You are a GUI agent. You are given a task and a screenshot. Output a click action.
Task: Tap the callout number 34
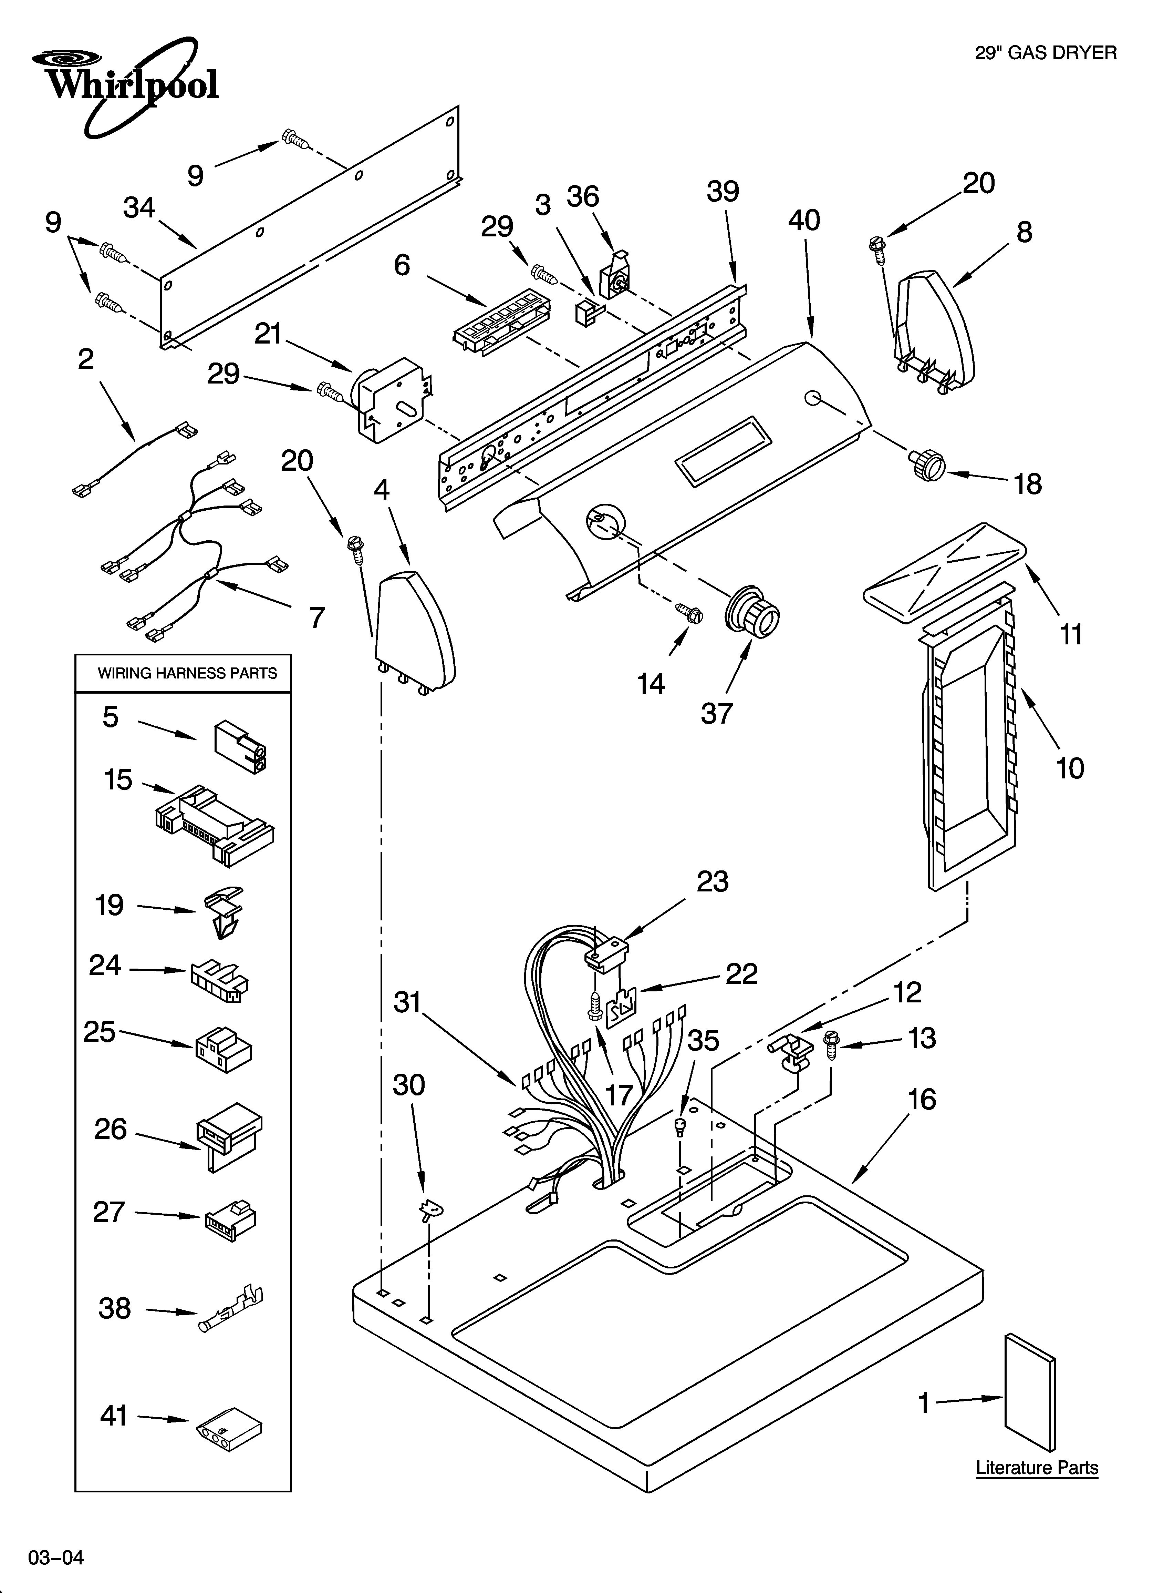pos(140,208)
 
